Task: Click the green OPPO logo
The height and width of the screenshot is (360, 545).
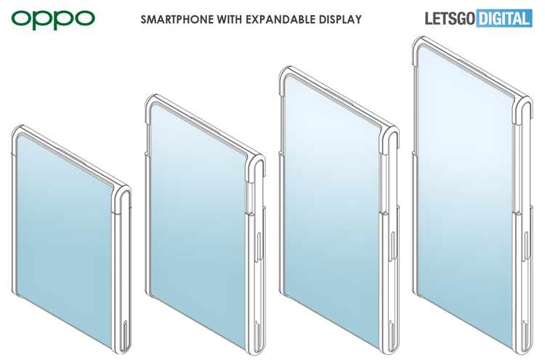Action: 53,18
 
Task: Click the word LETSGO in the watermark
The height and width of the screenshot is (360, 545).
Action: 446,17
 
